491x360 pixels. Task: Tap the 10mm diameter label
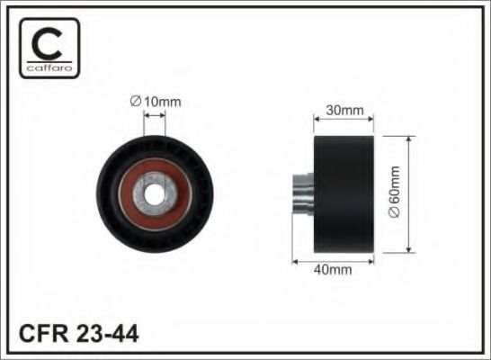tap(156, 102)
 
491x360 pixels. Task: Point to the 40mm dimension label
tap(332, 269)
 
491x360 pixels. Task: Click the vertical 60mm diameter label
tap(392, 192)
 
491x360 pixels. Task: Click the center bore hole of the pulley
tap(156, 191)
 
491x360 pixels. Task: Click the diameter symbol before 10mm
tap(136, 102)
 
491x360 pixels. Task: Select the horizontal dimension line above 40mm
tap(332, 259)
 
